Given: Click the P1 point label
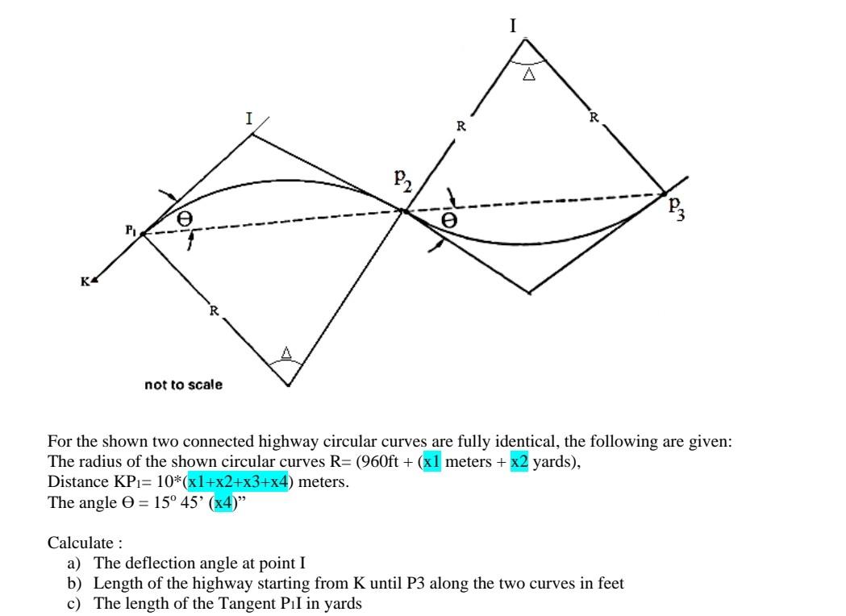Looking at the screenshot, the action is point(131,230).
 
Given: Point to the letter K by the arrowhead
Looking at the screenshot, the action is point(85,281).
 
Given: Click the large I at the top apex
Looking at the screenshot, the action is point(513,26).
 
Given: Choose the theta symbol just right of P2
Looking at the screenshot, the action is point(449,219).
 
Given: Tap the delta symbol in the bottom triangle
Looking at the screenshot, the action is point(285,352).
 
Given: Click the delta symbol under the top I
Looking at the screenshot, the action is point(528,75).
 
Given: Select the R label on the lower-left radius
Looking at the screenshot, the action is point(214,310).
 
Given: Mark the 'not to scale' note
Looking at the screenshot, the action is point(183,385).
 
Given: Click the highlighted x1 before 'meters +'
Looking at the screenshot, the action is point(432,462).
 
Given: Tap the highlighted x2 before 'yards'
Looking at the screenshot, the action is point(519,462).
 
